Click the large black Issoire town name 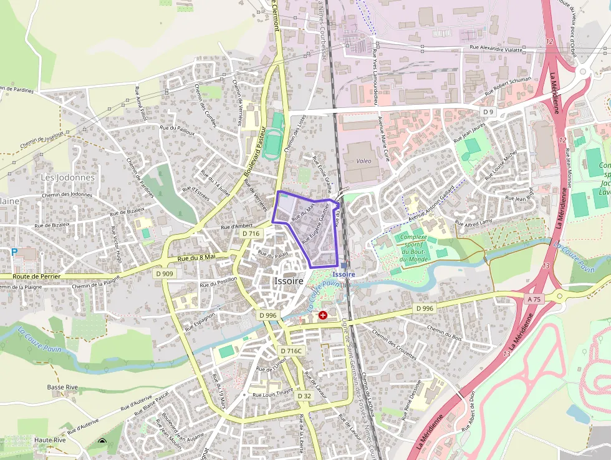288,281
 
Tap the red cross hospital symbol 323,315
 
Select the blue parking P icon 14,252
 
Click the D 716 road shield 251,233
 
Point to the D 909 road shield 165,273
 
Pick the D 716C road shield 291,351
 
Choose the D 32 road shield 304,396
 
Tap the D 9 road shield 488,112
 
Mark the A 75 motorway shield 534,300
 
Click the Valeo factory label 363,161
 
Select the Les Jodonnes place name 68,177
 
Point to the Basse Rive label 62,387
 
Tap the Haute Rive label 51,440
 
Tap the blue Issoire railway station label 344,274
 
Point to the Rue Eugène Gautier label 315,223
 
